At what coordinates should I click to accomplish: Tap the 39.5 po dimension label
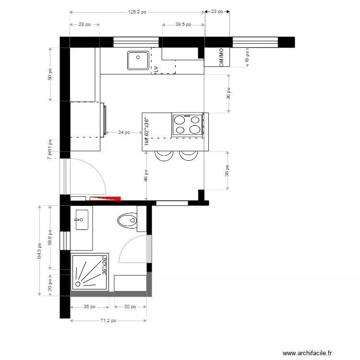(183, 24)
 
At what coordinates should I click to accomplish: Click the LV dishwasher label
(156, 70)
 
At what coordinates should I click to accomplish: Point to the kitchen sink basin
(138, 61)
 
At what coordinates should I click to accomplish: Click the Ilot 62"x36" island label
(147, 131)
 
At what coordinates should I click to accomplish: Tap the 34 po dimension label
(123, 132)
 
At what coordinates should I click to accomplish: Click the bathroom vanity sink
(81, 220)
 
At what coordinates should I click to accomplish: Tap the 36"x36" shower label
(104, 265)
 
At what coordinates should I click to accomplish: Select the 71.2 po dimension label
(108, 321)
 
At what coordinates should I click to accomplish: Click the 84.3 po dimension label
(39, 250)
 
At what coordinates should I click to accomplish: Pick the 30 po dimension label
(130, 307)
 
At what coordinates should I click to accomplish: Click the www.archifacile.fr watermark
(307, 353)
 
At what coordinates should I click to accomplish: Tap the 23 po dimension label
(217, 12)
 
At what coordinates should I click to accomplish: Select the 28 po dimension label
(84, 24)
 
